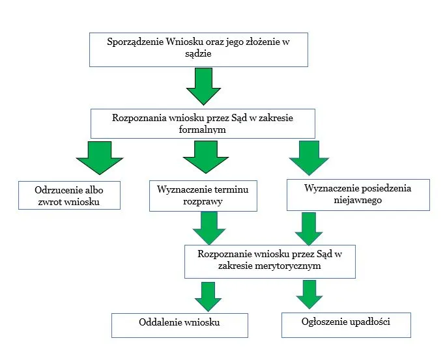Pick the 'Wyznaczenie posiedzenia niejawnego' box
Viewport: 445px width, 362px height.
(x=358, y=195)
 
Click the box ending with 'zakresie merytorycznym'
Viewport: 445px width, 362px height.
(x=270, y=260)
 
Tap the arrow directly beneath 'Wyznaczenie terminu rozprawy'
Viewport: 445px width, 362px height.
(x=209, y=228)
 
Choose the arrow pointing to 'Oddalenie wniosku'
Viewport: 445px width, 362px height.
(x=208, y=295)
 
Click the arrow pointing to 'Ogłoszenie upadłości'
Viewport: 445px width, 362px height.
(x=309, y=295)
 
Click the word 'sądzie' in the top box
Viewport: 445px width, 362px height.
(x=199, y=56)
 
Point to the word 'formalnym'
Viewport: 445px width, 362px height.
(x=203, y=129)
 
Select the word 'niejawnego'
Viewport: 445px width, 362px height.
(x=358, y=201)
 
